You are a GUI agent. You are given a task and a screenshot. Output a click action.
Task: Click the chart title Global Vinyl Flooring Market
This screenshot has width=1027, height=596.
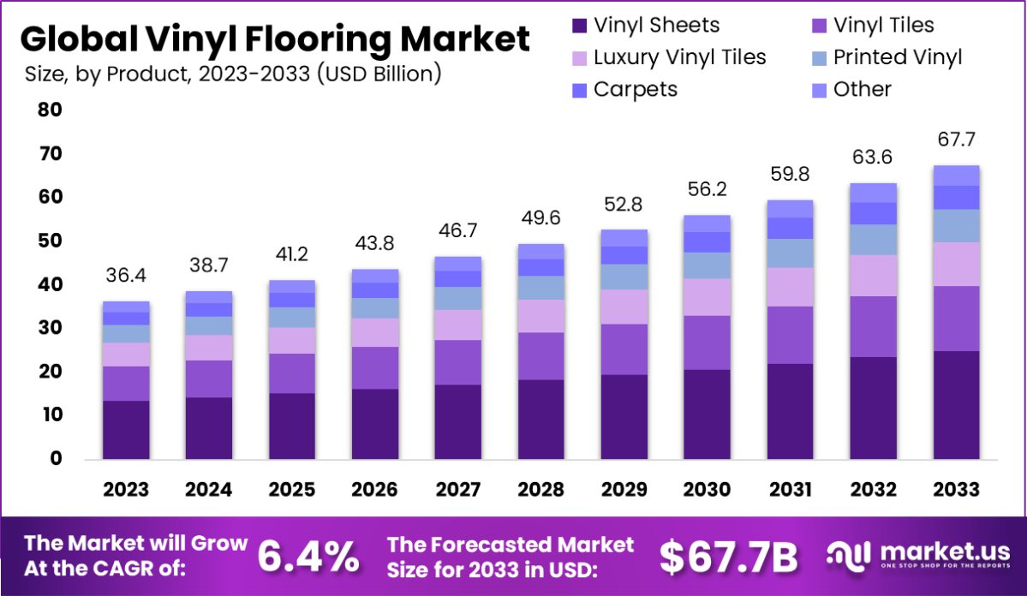point(274,39)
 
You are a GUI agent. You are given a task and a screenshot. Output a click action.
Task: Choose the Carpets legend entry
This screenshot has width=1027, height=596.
point(635,89)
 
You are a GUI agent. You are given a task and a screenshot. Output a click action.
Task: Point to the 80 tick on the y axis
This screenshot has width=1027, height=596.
point(49,110)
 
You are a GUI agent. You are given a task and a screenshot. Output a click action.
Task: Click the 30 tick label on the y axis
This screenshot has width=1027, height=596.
point(49,328)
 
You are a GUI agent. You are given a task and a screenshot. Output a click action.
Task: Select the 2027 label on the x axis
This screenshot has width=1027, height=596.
point(457,490)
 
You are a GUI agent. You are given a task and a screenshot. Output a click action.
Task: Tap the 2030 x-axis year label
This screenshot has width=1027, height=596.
point(707,490)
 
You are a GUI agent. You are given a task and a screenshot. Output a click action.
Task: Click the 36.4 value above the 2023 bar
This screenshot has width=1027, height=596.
point(126,276)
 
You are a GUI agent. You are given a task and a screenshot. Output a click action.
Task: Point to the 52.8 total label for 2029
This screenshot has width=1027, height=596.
point(624,205)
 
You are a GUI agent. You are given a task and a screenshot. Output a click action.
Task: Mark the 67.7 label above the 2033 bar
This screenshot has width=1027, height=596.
point(956,140)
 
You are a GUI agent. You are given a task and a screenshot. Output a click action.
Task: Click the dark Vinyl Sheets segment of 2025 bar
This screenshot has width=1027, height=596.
point(291,426)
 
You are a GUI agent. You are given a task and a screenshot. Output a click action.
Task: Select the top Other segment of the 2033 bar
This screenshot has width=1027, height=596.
point(956,176)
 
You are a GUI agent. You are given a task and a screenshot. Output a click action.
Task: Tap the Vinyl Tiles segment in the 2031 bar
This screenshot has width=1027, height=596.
point(790,335)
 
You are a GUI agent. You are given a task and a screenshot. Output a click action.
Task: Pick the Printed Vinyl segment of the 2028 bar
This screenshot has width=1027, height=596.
point(540,288)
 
